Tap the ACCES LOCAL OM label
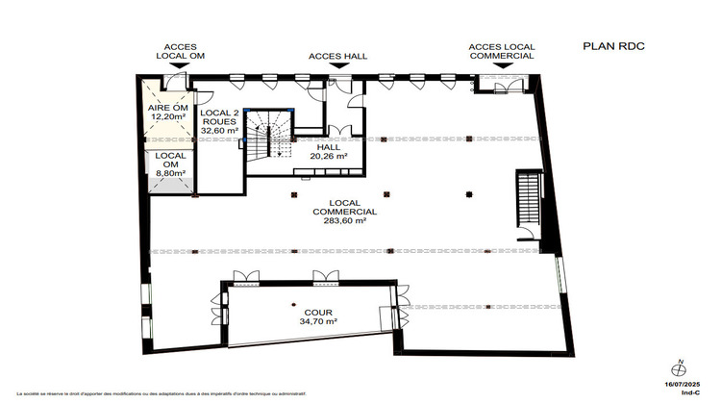tap(181, 51)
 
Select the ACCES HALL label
tap(337, 56)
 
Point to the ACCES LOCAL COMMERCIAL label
tap(501, 51)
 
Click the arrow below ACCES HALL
tap(337, 67)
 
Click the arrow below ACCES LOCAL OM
tap(181, 66)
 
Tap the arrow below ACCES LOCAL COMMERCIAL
tap(501, 66)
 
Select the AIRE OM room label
tap(169, 107)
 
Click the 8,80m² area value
tap(170, 173)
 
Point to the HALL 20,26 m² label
tap(328, 150)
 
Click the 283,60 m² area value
tap(344, 220)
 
